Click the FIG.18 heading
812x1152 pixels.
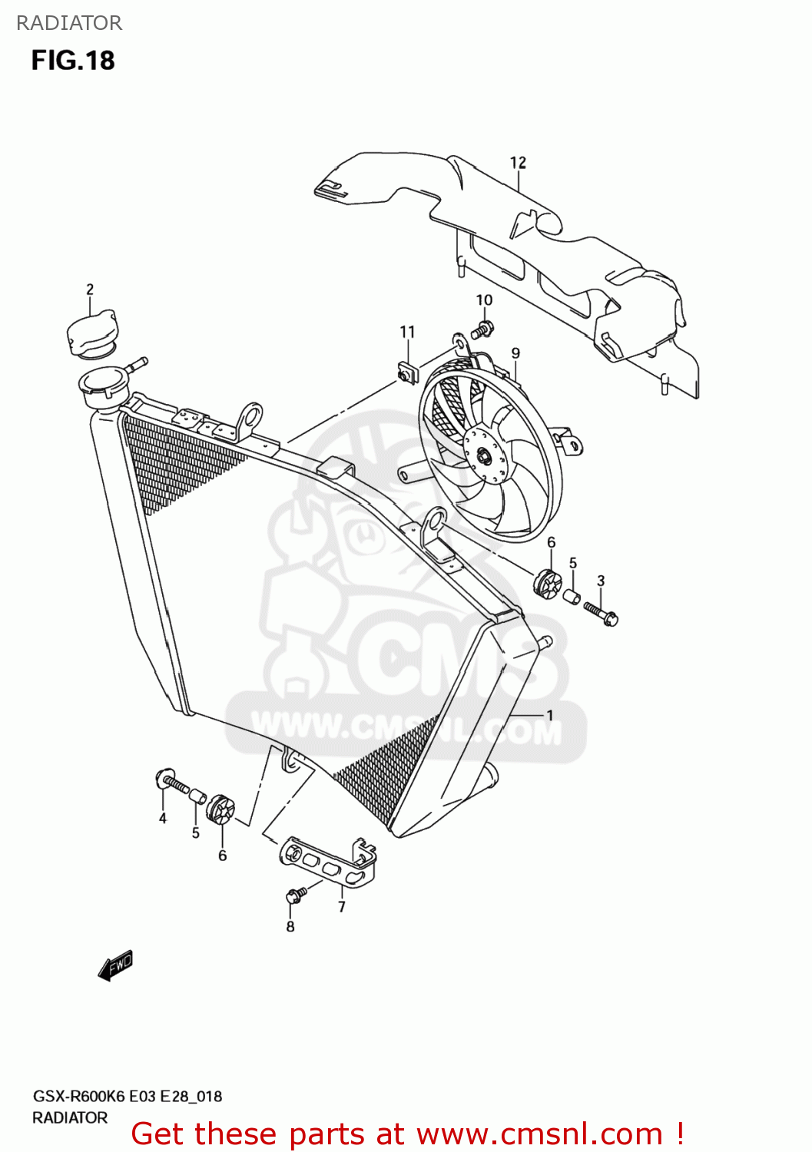coord(73,61)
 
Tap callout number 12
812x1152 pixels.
coord(518,163)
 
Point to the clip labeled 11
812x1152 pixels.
coord(406,372)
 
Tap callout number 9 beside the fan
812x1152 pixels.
coord(515,353)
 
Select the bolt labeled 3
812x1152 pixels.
coord(601,613)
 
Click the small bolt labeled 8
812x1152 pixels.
coord(295,895)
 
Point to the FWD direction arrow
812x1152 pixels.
coord(116,965)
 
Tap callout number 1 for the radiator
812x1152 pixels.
coord(550,715)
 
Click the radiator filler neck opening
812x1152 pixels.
coord(103,381)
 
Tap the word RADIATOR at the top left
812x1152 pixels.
coord(69,23)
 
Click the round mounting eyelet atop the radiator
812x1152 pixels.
coord(250,415)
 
